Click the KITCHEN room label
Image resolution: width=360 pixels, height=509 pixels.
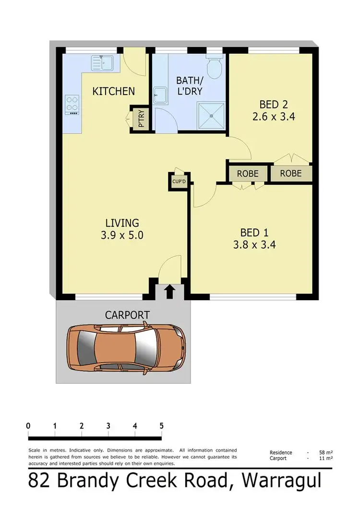114,91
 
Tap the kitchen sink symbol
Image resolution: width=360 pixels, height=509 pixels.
102,62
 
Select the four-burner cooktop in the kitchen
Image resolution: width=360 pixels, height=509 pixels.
72,104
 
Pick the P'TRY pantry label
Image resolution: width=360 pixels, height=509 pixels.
142,119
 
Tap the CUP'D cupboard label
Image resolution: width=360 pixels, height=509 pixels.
179,181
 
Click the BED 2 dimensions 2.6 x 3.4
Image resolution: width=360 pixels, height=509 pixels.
276,116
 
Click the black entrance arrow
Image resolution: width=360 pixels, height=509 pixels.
169,291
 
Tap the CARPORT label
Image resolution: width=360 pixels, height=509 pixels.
127,315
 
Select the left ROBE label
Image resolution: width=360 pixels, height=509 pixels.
247,174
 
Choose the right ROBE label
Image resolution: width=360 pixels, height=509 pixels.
291,174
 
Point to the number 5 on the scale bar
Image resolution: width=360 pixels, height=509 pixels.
161,426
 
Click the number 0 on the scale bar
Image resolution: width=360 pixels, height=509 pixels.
29,426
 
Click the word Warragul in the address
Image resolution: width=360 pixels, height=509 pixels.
281,481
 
